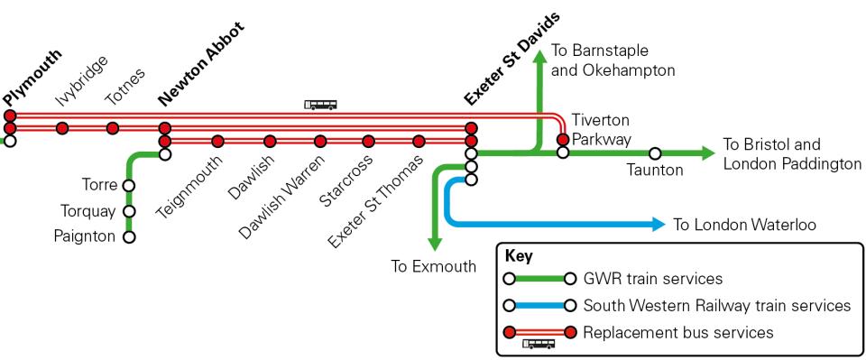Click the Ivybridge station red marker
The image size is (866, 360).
[62, 128]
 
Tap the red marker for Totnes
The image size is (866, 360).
[113, 128]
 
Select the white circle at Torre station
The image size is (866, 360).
[129, 185]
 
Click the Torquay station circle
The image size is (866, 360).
[129, 212]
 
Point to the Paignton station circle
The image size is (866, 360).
[129, 237]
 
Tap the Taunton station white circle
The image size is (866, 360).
[655, 153]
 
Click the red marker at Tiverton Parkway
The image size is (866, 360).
[562, 140]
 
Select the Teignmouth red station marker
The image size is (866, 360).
[217, 141]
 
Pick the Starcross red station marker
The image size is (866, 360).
[368, 141]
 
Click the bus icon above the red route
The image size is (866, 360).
[321, 105]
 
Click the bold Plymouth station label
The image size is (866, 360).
[32, 78]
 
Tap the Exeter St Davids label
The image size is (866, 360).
[511, 59]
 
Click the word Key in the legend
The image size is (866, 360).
[520, 256]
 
